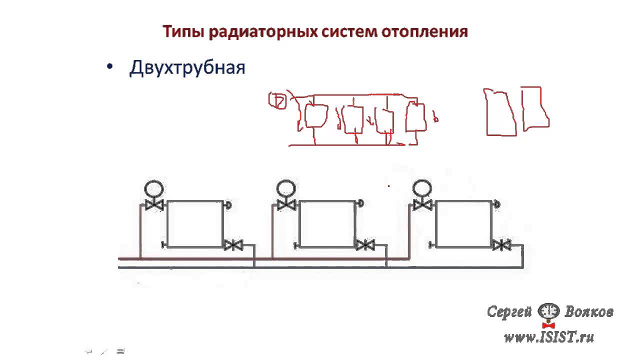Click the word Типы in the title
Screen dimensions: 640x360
(183, 32)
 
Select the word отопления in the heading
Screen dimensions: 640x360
(424, 31)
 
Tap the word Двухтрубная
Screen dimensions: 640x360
(187, 68)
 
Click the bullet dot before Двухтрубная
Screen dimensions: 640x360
(109, 67)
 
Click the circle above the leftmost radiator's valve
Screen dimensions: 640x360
(154, 189)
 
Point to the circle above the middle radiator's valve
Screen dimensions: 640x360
(286, 188)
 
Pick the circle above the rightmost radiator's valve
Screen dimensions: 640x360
(422, 188)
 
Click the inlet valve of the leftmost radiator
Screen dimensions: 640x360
(154, 205)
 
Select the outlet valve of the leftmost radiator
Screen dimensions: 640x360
(233, 245)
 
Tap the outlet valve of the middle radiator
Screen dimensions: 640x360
(365, 245)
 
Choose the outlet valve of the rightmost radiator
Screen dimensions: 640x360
(502, 245)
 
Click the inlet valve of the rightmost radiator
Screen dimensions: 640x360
(422, 205)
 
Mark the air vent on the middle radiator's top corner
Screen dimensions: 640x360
(360, 203)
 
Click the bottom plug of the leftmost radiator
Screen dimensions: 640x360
(164, 245)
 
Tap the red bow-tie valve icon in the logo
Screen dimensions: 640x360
(548, 325)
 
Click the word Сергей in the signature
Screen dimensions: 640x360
(509, 311)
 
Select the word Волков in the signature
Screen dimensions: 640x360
(589, 311)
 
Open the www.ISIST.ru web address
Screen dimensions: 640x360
(549, 337)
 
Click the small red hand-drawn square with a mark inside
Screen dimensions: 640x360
(277, 100)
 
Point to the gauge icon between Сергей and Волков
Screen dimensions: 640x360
(548, 311)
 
